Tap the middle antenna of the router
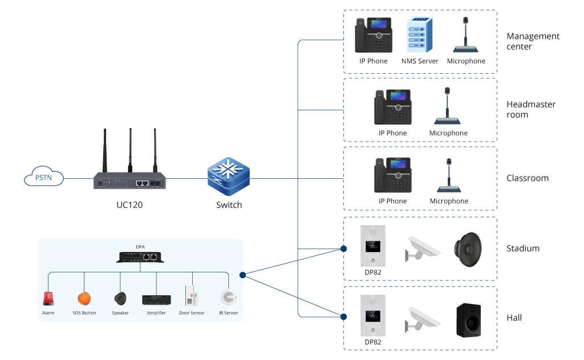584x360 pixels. click(x=130, y=149)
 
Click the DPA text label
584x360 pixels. click(x=140, y=247)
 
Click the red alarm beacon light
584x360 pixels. click(x=48, y=298)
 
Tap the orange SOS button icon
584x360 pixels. click(x=84, y=298)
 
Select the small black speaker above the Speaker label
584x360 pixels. click(x=120, y=298)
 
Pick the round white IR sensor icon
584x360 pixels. click(x=228, y=298)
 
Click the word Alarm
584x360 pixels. click(x=48, y=313)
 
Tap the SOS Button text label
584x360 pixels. click(x=84, y=313)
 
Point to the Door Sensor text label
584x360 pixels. click(x=192, y=313)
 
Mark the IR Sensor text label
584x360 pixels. click(x=228, y=313)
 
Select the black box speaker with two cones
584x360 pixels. click(x=469, y=320)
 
